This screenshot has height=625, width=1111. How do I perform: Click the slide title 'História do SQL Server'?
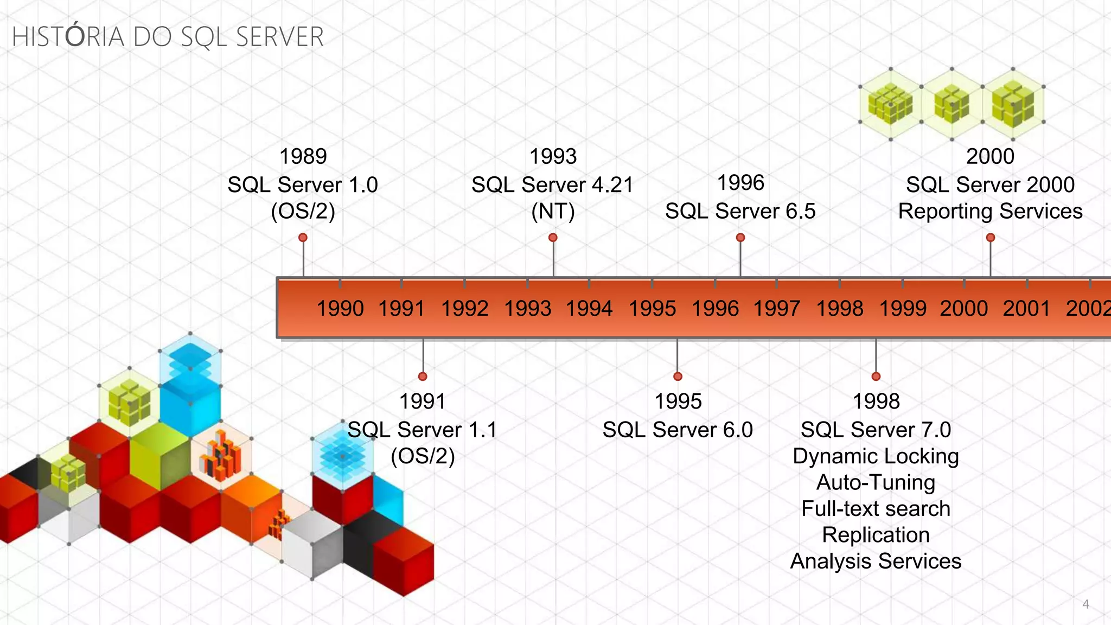pos(168,37)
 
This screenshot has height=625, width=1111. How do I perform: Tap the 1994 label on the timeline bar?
pos(589,309)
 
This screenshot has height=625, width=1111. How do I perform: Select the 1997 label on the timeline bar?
pos(776,309)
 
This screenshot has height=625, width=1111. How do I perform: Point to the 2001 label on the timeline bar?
pos(1026,309)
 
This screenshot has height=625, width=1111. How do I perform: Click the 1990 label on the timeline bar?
pos(340,309)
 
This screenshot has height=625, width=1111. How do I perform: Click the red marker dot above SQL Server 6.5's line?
pos(740,238)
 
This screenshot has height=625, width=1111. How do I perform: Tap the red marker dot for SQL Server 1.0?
pos(303,238)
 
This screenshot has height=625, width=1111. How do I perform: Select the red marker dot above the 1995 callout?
pos(678,377)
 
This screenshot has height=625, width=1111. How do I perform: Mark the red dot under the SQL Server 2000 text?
pos(991,238)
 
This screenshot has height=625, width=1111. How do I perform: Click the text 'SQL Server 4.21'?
pos(552,185)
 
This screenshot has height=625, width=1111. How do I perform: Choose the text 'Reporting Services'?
pos(990,211)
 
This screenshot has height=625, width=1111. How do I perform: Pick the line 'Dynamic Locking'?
pos(876,456)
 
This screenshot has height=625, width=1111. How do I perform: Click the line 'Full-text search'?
pos(876,509)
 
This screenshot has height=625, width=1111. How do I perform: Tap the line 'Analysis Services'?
pos(876,561)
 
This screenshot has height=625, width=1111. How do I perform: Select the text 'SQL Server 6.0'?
pos(678,430)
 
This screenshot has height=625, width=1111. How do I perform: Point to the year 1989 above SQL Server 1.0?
pos(303,156)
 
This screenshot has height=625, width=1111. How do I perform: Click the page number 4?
pos(1086,604)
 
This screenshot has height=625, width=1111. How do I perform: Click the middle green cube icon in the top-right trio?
pos(952,104)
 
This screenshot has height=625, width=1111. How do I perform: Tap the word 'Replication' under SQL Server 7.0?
pos(876,535)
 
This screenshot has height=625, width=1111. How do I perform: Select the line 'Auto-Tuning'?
pos(876,482)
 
